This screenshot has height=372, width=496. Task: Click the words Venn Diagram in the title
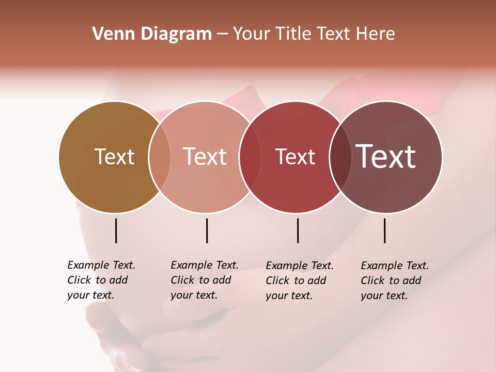pyautogui.click(x=152, y=34)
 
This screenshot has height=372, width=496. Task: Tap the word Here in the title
pyautogui.click(x=375, y=34)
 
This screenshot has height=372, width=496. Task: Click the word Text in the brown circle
pyautogui.click(x=115, y=157)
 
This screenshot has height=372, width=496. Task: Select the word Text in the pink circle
pyautogui.click(x=205, y=157)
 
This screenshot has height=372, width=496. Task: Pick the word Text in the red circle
pyautogui.click(x=295, y=157)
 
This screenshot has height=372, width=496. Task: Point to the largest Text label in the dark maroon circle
pyautogui.click(x=386, y=157)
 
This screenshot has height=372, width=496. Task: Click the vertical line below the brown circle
pyautogui.click(x=116, y=230)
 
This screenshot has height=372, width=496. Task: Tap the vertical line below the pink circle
pyautogui.click(x=207, y=230)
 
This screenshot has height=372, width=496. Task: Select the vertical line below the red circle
pyautogui.click(x=298, y=230)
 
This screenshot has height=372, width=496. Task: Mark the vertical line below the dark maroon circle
pyautogui.click(x=385, y=230)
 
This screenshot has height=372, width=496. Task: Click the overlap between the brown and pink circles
pyautogui.click(x=160, y=157)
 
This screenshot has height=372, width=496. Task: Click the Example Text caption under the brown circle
pyautogui.click(x=101, y=280)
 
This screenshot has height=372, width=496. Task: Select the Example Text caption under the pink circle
pyautogui.click(x=204, y=280)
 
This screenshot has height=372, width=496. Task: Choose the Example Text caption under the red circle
pyautogui.click(x=299, y=280)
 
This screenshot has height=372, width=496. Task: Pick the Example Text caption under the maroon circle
pyautogui.click(x=394, y=280)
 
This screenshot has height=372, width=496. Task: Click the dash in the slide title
pyautogui.click(x=222, y=35)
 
